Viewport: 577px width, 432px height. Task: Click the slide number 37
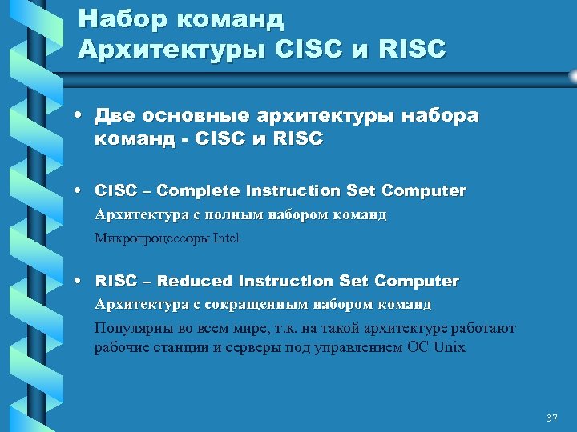point(551,418)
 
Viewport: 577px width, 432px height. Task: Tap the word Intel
point(226,238)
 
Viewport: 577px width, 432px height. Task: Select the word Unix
point(450,347)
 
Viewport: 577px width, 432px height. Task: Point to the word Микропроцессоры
point(151,238)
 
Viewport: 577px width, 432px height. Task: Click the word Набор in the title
point(115,18)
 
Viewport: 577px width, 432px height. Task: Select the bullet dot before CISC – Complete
point(83,191)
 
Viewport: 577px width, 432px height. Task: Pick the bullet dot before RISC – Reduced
point(83,282)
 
